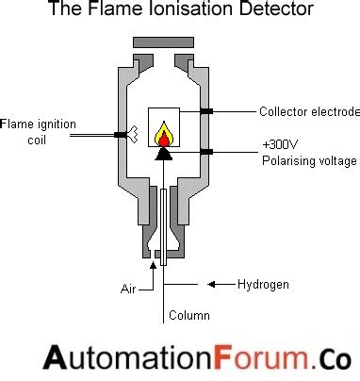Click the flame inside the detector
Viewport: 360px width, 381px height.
point(165,134)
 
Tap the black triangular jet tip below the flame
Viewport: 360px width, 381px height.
point(165,153)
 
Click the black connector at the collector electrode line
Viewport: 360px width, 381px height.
point(205,111)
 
